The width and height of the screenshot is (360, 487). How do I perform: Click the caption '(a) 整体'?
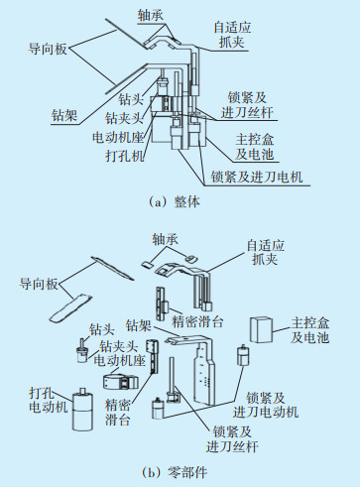[175, 201]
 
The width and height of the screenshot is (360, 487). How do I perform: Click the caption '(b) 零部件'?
[175, 472]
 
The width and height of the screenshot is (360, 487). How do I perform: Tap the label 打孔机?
[125, 156]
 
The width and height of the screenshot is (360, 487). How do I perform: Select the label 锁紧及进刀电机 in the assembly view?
[257, 177]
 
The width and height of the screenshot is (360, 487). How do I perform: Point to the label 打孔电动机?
[49, 400]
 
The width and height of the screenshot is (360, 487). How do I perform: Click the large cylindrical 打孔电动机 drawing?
[82, 409]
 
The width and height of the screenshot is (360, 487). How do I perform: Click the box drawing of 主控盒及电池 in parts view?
[261, 329]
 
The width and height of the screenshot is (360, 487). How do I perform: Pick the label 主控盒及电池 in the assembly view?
[254, 147]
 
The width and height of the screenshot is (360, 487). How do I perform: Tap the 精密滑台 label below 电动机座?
[118, 413]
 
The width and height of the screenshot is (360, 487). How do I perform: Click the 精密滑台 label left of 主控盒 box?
[197, 321]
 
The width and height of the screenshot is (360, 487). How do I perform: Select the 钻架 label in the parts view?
[139, 326]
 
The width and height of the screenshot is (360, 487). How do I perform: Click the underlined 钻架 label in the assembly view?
[64, 116]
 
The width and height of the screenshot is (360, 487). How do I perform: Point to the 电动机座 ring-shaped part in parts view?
[120, 381]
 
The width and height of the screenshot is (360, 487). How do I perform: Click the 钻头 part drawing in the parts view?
[82, 351]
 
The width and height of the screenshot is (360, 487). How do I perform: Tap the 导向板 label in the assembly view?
[48, 50]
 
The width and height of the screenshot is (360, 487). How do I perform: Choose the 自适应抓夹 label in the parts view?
[265, 252]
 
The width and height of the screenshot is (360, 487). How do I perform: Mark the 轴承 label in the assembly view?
[151, 15]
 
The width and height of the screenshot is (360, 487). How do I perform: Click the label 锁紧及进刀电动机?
[266, 405]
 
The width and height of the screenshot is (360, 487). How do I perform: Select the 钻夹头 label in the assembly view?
[124, 117]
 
